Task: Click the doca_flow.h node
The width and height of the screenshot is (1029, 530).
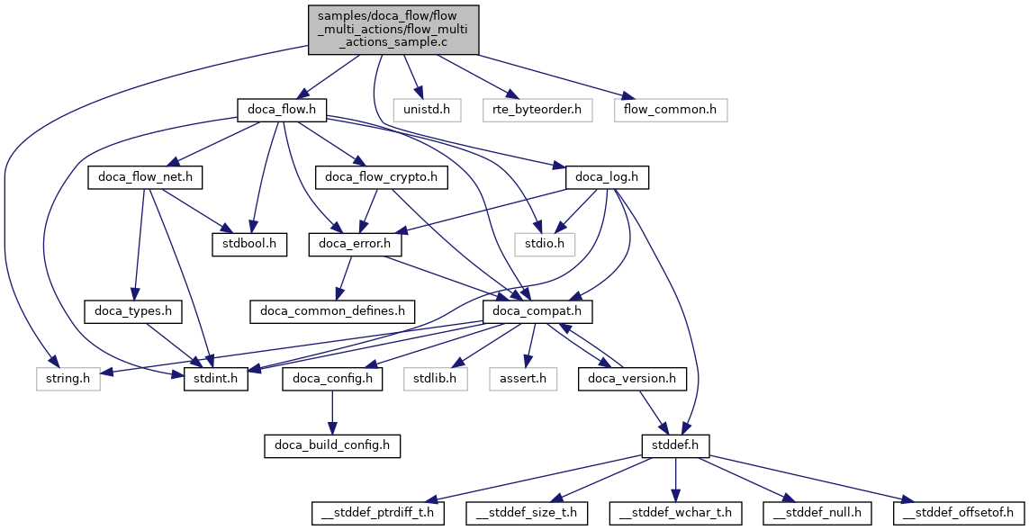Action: coord(281,110)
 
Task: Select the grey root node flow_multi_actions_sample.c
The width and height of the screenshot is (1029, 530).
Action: coord(393,29)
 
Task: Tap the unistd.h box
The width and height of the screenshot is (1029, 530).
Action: coord(434,110)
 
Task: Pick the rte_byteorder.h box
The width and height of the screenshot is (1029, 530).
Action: coord(537,110)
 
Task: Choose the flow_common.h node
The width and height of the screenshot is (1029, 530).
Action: coord(671,110)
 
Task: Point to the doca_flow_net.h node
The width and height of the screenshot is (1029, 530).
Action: coord(145,177)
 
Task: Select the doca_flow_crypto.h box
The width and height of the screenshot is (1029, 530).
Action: coord(382,177)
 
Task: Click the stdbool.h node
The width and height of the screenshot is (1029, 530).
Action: coord(249,244)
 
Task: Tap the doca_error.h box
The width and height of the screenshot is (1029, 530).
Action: coord(354,244)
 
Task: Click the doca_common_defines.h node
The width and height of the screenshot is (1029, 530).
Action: coord(332,311)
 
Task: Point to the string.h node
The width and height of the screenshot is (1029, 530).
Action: coord(68,379)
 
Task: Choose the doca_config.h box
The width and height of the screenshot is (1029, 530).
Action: coord(332,379)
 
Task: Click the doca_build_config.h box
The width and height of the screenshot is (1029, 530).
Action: coord(332,445)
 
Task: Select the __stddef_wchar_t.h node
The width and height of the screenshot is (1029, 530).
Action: coord(676,513)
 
